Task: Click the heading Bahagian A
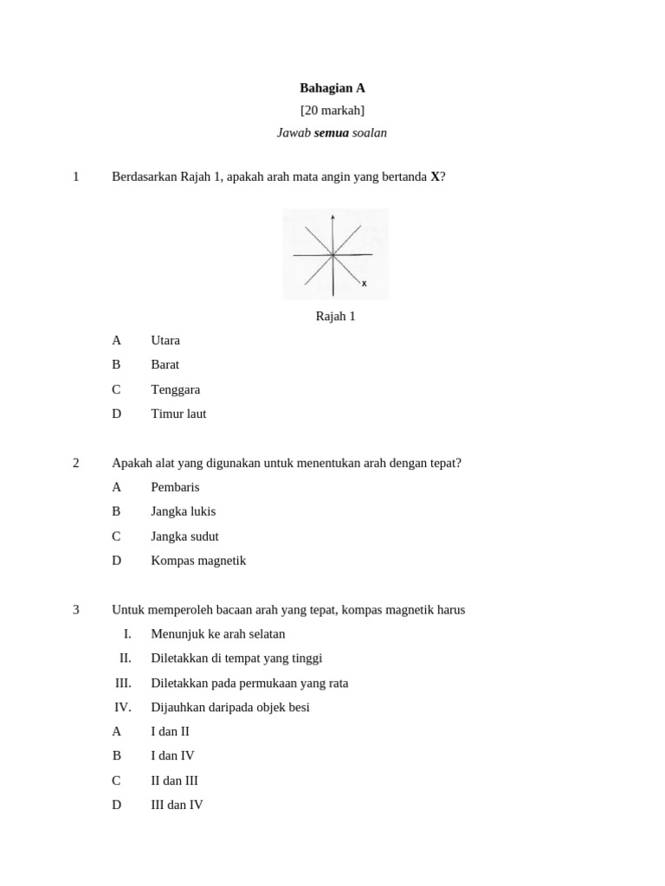332,88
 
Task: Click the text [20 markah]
332,111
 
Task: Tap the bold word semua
332,133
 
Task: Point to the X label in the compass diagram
365,284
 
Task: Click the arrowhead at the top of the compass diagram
332,216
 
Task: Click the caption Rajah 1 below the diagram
336,317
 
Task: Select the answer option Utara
165,341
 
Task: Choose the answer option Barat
165,365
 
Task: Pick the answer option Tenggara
176,390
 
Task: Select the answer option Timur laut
178,414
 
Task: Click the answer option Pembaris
175,488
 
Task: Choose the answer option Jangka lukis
184,512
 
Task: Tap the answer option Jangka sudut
184,536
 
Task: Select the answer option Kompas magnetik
198,561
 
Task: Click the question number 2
76,464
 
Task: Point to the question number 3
76,610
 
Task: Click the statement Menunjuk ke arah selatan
218,634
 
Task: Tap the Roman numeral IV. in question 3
123,708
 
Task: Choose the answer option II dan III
175,781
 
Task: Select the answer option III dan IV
178,806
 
